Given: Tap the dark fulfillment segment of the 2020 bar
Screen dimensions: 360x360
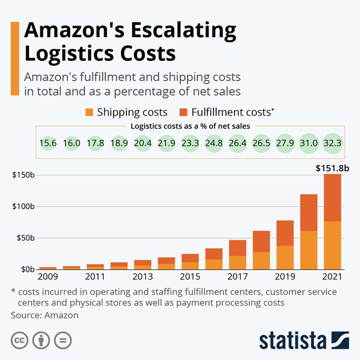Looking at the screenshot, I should (309, 212).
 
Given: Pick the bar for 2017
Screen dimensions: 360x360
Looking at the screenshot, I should (238, 254).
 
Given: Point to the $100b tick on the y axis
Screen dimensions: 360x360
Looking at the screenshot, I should (23, 206).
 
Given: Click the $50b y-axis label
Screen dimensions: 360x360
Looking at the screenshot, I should (25, 238).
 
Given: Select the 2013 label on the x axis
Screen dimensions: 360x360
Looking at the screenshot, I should (142, 276).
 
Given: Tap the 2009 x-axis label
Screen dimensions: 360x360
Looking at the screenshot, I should (48, 276).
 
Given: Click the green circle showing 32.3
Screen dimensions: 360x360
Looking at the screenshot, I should (333, 143).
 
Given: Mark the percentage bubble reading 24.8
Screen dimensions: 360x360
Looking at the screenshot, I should (214, 143).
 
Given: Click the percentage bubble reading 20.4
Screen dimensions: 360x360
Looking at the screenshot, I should (143, 143).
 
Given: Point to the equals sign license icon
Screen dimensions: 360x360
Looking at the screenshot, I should (61, 340).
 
